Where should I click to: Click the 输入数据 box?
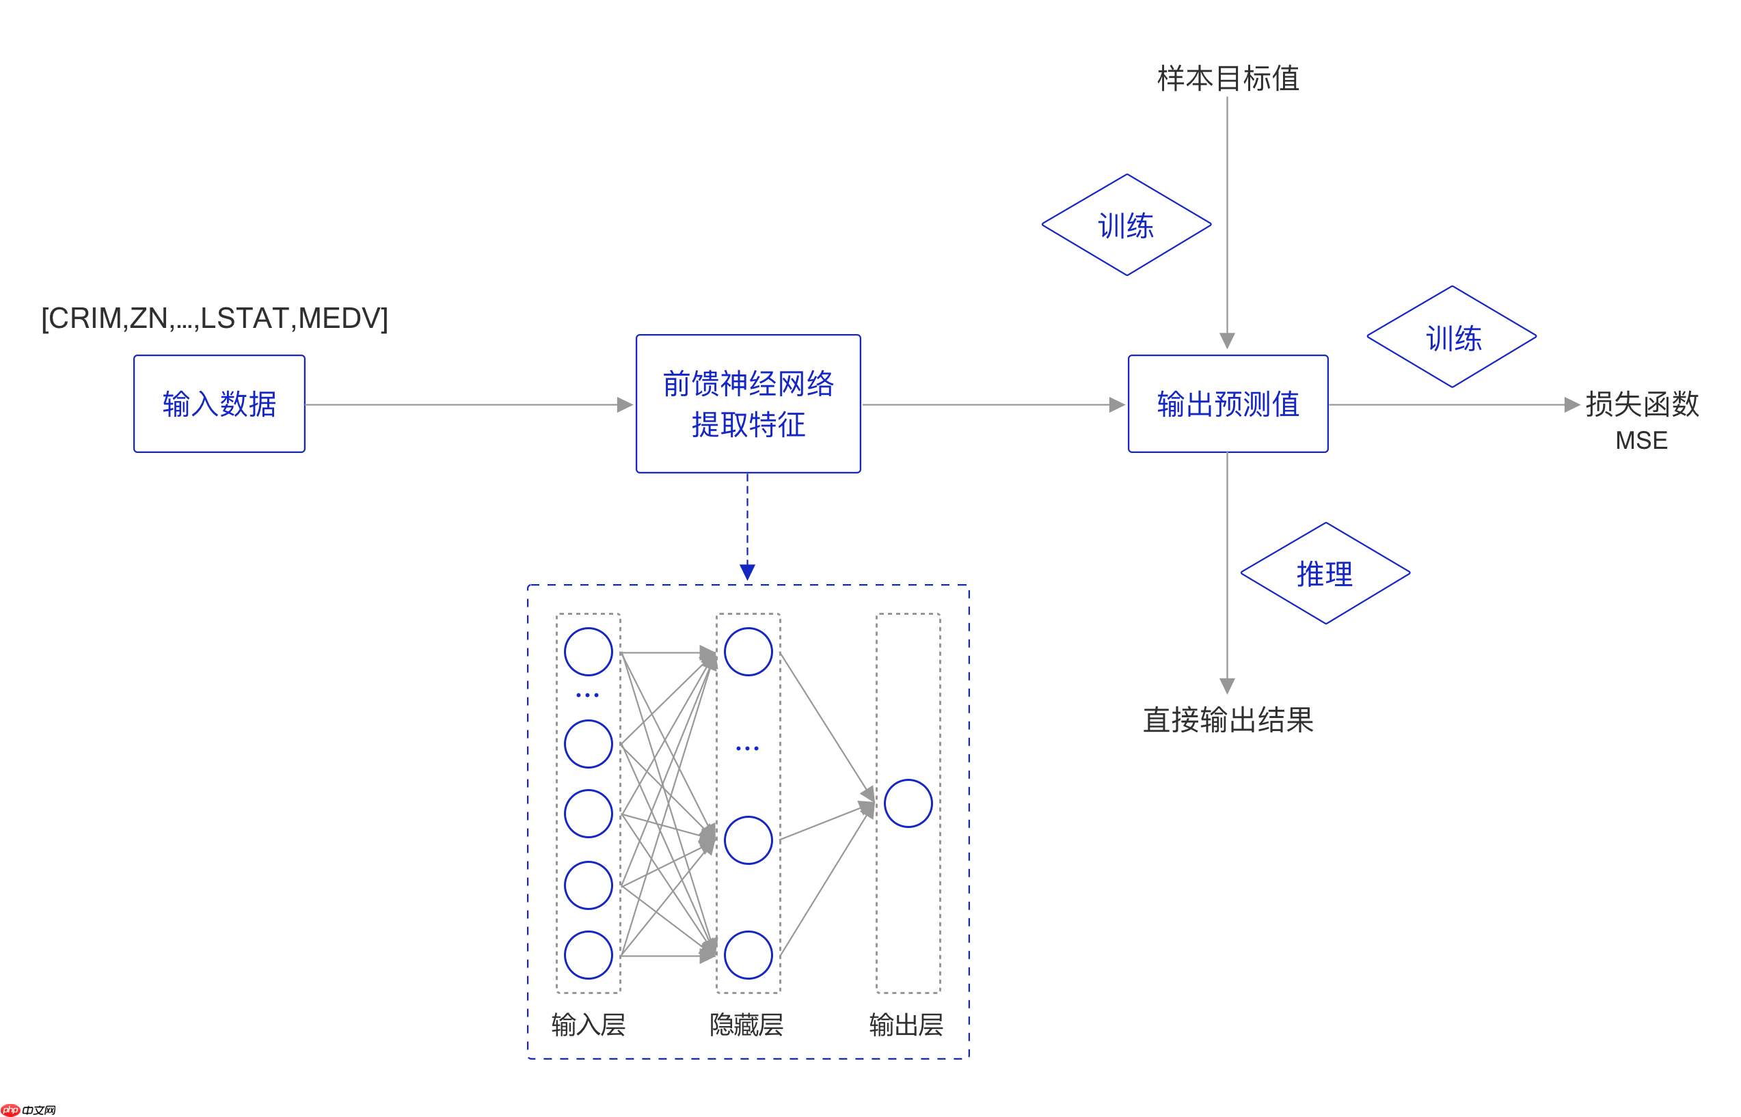219,404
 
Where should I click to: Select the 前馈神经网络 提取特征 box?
748,404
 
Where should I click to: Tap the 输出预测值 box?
1228,404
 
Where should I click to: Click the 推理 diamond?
1325,574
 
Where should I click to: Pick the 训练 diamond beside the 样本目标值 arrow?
1126,225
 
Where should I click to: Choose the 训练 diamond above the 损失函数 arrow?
1451,337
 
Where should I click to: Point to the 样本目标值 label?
1228,79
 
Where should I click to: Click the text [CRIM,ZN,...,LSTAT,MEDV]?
215,318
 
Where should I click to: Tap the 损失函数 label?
1642,404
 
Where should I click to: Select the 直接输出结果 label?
1228,720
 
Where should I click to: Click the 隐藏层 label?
746,1025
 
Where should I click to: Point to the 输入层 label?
589,1025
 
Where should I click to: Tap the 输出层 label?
906,1025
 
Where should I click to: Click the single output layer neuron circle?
908,803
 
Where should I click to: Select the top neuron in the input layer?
589,652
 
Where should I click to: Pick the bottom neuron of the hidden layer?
748,955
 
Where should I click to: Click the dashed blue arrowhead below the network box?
748,573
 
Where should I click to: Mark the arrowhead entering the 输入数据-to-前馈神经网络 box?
625,404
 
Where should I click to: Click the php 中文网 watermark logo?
29,1109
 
